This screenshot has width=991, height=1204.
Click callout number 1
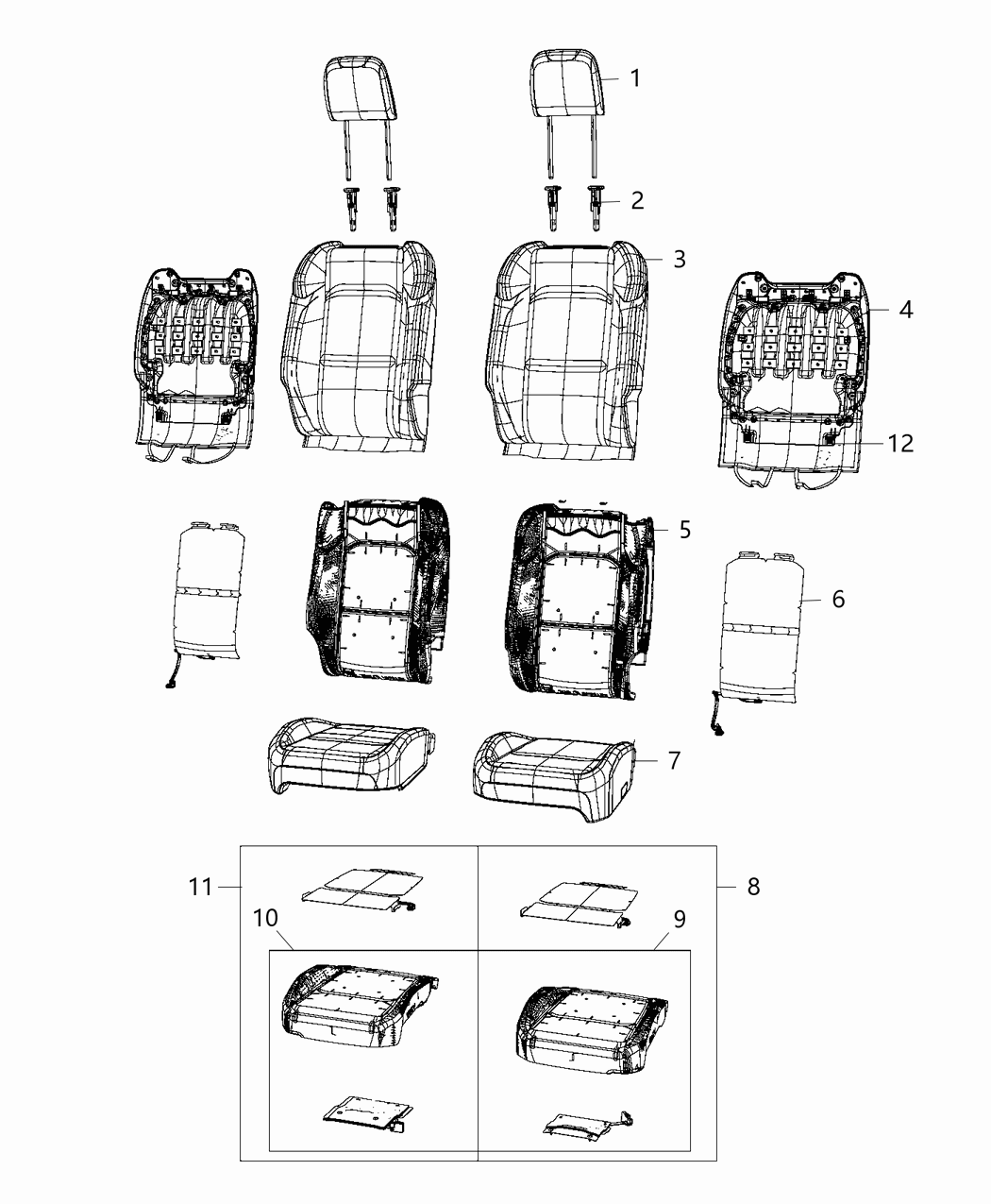point(635,77)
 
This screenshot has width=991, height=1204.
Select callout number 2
point(637,200)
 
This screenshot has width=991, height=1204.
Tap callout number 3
point(679,259)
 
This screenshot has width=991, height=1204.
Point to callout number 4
point(906,309)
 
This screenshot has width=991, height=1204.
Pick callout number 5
point(684,530)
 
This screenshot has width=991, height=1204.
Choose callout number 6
point(838,599)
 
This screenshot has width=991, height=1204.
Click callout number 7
point(674,759)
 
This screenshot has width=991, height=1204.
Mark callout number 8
point(752,887)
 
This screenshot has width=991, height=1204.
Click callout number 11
point(200,887)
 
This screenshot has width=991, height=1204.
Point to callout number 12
point(901,443)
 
